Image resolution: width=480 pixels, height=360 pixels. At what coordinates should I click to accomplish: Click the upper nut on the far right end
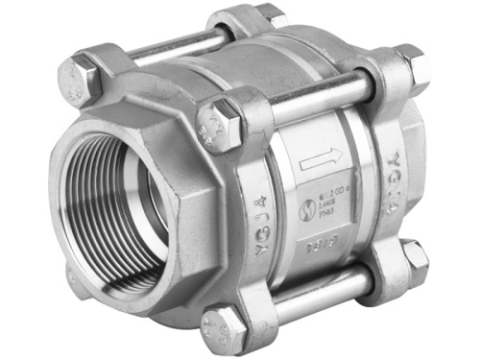(413, 67)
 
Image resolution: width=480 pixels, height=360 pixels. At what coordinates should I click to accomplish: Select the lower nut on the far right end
(415, 257)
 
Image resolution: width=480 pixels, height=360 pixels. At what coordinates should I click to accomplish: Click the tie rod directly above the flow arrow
(317, 93)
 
